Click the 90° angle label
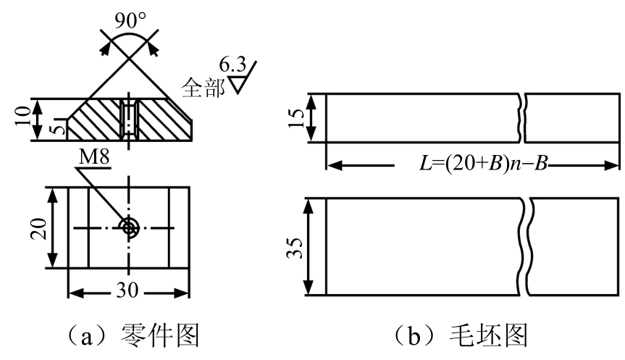(131, 21)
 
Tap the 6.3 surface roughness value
(232, 64)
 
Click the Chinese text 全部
(203, 88)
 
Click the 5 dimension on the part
(57, 130)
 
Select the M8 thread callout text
(94, 157)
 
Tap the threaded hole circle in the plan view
(128, 228)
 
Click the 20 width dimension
(38, 228)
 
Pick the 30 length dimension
(127, 290)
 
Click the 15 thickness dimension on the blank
(295, 117)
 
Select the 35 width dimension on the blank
(295, 248)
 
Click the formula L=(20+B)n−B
(484, 164)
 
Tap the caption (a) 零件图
(133, 336)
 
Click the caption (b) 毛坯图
(461, 336)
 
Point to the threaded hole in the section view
(128, 120)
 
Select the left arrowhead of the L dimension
(334, 164)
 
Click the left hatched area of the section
(94, 120)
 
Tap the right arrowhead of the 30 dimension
(182, 294)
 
